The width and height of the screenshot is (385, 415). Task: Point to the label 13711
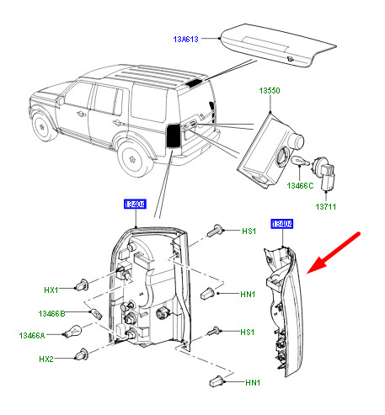[x=328, y=205]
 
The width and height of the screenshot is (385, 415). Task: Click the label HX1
[x=52, y=290]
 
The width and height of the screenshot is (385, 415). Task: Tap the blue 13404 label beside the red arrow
[x=281, y=224]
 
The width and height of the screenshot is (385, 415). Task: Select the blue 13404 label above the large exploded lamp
[x=136, y=205]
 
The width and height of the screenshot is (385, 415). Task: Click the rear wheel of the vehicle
[x=132, y=156]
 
